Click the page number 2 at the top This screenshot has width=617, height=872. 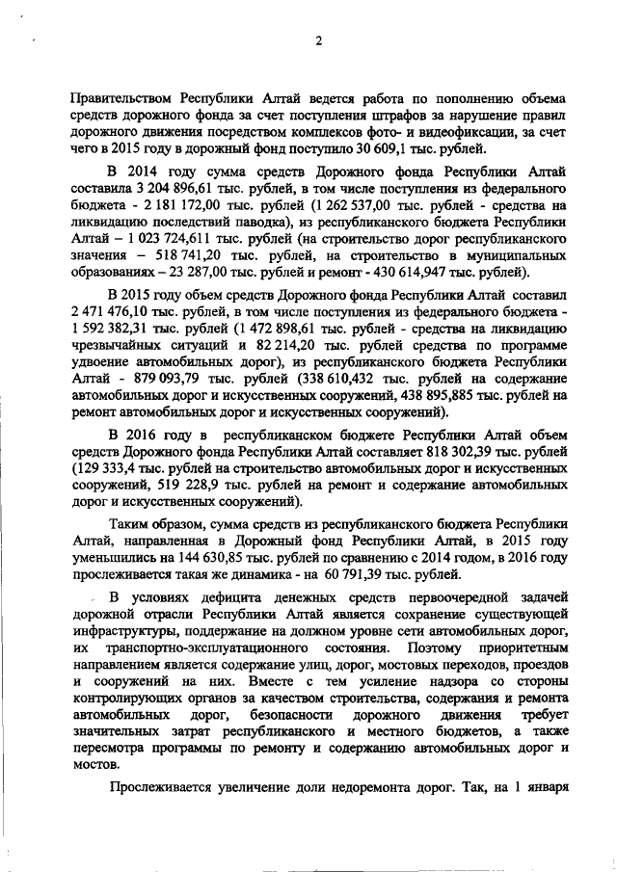[x=317, y=40]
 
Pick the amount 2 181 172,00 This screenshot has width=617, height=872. [x=164, y=206]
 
